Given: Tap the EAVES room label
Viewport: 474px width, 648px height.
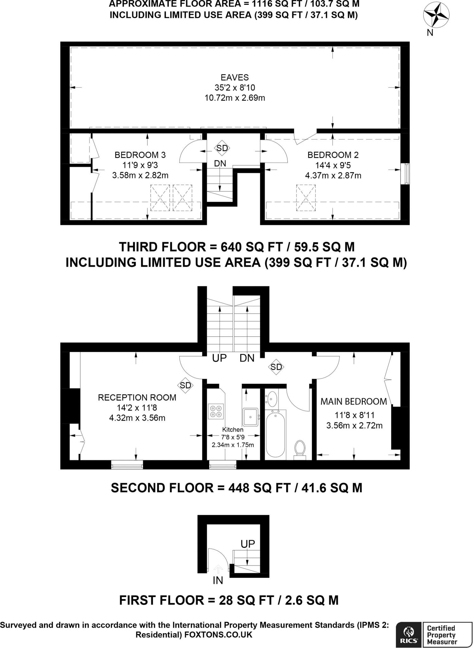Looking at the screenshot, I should point(235,78).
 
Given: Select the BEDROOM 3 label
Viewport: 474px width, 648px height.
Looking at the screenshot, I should point(140,155).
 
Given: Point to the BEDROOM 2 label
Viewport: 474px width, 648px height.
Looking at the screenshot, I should point(333,155).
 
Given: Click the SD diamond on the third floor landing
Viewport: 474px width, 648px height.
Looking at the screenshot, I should point(222,148).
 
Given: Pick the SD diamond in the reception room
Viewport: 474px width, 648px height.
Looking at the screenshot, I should point(186,385).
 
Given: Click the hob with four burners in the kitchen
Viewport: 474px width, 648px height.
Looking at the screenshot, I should point(216,411).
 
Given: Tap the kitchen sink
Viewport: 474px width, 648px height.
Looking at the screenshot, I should point(251,417).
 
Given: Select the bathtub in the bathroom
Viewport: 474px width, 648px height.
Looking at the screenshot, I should point(275,435).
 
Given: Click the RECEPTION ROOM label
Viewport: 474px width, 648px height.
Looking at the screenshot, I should point(137,398).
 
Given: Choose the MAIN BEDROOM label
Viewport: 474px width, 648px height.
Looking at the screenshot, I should point(354,402).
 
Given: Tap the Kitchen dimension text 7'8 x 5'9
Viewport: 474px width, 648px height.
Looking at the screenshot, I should point(233,438).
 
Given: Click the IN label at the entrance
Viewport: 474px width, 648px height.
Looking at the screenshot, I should point(218,580).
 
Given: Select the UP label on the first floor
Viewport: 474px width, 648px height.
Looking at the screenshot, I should point(248,544).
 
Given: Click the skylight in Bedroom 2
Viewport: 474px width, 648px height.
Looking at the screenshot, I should point(306,198).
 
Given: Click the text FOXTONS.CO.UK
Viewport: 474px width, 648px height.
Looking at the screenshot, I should point(218,634).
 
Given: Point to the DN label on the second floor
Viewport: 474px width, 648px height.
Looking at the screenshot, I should point(247,358).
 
